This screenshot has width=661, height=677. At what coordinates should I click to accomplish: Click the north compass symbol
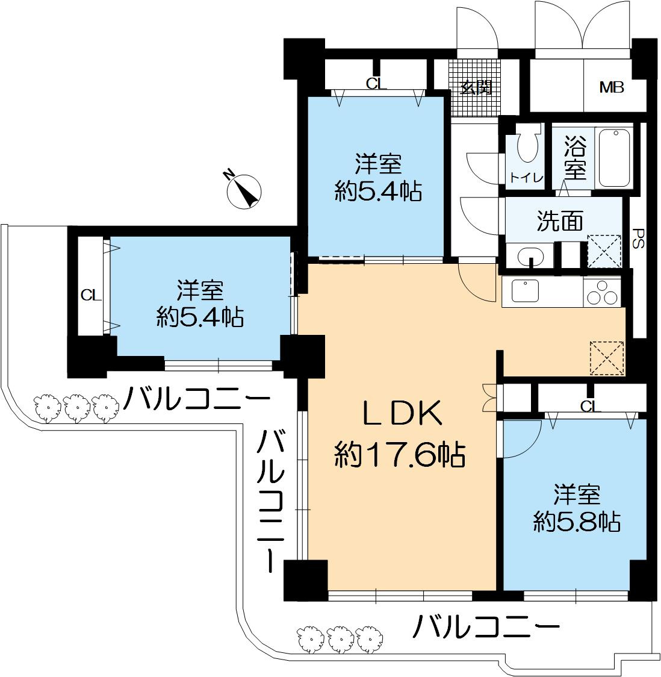(244, 191)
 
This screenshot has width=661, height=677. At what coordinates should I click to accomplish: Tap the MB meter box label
(612, 88)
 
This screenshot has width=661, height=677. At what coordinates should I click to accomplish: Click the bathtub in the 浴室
(615, 158)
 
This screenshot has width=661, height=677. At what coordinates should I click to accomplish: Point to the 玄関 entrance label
(476, 88)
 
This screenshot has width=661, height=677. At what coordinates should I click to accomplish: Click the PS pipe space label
(638, 238)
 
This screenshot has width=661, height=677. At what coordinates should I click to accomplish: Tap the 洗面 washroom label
(560, 221)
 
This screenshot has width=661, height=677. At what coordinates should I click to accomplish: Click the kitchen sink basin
(526, 290)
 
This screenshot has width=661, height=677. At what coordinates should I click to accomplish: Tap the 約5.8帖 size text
(577, 522)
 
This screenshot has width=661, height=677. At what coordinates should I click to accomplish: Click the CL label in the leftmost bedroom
(91, 295)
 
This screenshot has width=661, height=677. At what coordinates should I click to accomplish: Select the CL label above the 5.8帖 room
(591, 407)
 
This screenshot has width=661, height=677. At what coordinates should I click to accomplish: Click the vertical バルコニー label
(271, 501)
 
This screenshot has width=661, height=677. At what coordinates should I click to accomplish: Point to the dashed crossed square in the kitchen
(607, 358)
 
